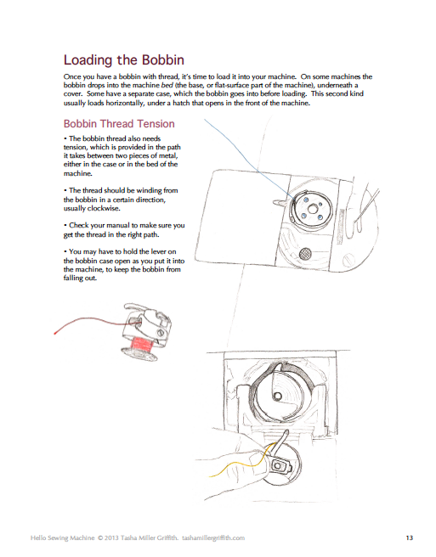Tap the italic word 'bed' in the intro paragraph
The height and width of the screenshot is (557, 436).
[167, 86]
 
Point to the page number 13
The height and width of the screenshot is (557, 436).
[409, 537]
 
